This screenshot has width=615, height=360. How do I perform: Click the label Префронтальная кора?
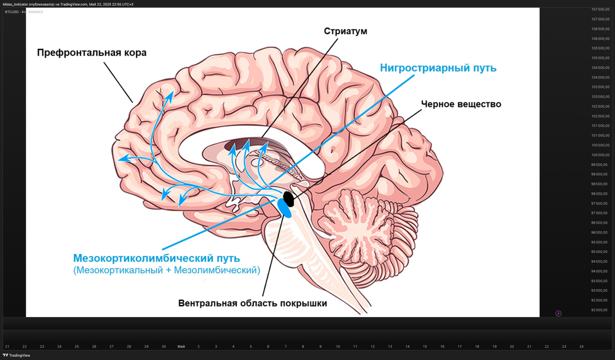[x=92, y=53]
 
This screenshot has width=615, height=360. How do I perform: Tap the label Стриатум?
[x=345, y=31]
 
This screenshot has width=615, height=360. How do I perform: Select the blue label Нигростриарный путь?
[x=438, y=68]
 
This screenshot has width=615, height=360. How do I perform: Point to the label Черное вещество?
[x=461, y=104]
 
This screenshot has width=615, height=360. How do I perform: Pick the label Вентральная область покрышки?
[x=252, y=303]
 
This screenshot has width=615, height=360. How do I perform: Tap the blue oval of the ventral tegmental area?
[x=284, y=208]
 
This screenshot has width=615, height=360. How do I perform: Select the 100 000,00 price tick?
[x=600, y=155]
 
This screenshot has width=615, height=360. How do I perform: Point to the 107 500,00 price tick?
[x=600, y=10]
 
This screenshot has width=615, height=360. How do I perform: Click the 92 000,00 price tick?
[x=600, y=310]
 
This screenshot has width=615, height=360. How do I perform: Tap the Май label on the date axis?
[x=181, y=347]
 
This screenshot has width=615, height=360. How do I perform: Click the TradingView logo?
[x=16, y=355]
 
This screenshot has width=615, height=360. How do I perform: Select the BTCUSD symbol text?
[x=12, y=12]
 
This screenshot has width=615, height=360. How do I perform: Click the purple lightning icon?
[x=558, y=313]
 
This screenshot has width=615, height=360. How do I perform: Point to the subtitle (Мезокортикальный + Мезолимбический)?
[x=167, y=270]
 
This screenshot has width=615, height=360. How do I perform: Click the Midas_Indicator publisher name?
[x=18, y=4]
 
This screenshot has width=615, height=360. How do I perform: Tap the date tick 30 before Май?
[x=163, y=347]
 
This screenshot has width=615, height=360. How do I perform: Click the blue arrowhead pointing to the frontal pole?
[x=121, y=160]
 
